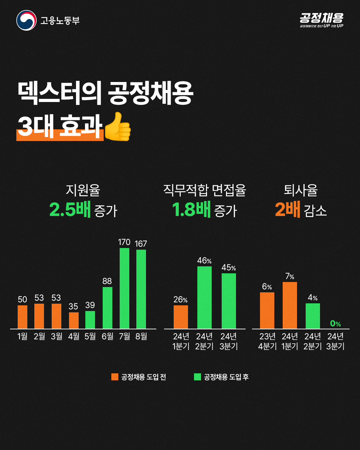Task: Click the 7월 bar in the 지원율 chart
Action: (x=124, y=288)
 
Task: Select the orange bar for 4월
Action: (x=74, y=321)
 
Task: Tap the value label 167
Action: (x=141, y=244)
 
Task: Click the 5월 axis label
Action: (x=90, y=336)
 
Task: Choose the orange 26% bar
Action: (x=181, y=317)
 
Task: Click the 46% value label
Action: (x=204, y=261)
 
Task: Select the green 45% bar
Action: (x=229, y=301)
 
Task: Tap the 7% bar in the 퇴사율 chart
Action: (x=290, y=305)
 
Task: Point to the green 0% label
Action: (x=336, y=323)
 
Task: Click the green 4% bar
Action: (x=313, y=316)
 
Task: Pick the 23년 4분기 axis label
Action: (x=267, y=341)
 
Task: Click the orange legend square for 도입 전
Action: (x=115, y=377)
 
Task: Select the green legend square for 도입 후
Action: (x=197, y=377)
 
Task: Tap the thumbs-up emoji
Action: (x=118, y=127)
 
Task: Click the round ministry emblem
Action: (x=26, y=20)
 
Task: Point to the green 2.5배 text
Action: (x=70, y=209)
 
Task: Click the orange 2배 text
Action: (x=288, y=209)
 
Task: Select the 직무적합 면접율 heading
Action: (x=205, y=190)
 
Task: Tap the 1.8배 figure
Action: (x=191, y=209)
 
